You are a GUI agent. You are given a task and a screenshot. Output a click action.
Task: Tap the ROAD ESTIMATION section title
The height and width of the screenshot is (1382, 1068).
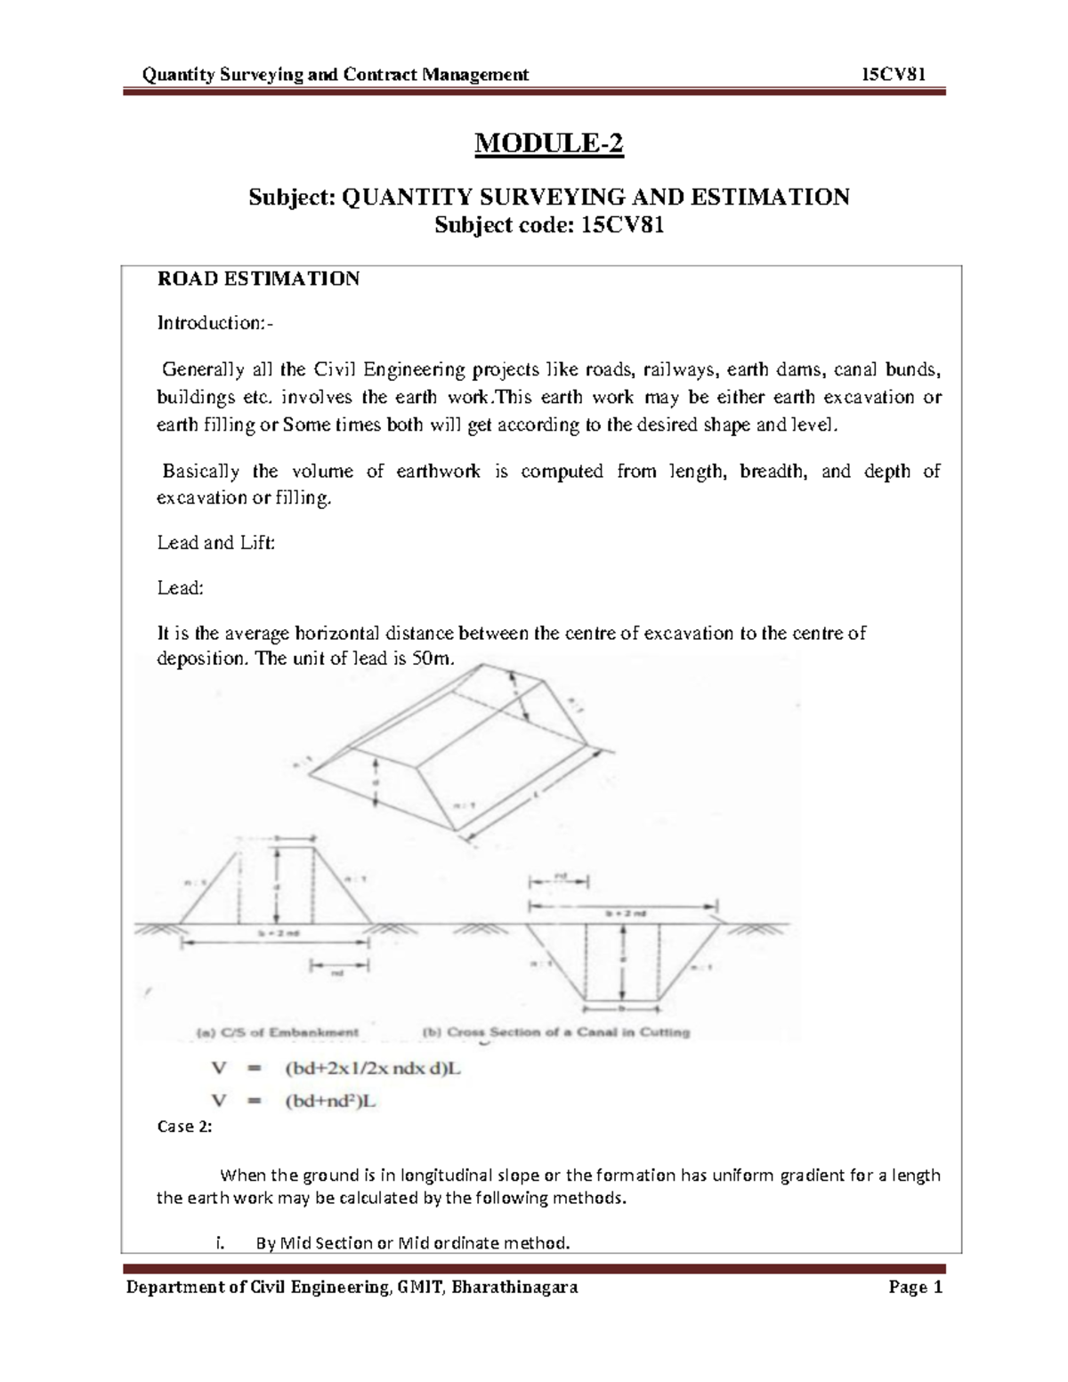[258, 279]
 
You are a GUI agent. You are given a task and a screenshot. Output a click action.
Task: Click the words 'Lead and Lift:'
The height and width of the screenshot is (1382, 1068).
[216, 542]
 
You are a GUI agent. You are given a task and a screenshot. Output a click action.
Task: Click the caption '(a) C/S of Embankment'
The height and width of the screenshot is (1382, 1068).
[277, 1032]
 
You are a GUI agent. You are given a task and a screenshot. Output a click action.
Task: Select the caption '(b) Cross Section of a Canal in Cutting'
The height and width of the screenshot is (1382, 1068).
[554, 1032]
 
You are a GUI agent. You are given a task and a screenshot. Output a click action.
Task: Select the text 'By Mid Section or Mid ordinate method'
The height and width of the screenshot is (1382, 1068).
[412, 1242]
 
